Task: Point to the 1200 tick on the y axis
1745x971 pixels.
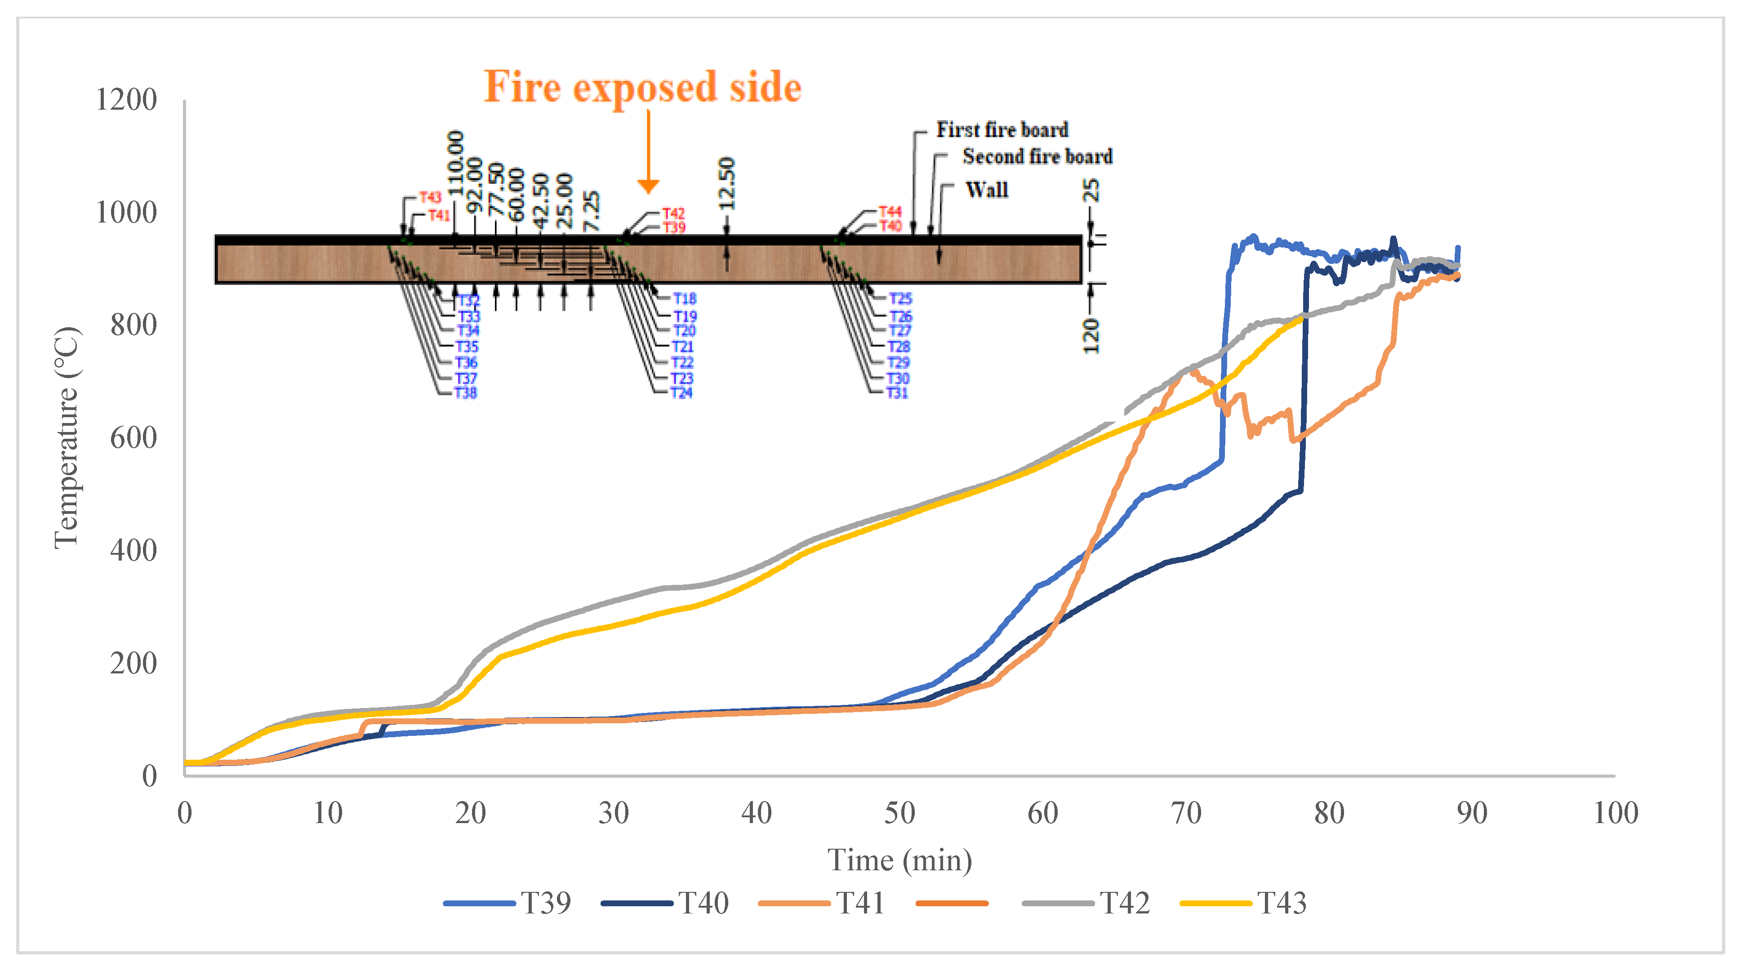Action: [127, 100]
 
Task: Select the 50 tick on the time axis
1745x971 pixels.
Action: [899, 812]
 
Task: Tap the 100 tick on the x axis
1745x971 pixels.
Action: [1616, 812]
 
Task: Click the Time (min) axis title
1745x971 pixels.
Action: [899, 860]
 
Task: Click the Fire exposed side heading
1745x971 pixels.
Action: [642, 87]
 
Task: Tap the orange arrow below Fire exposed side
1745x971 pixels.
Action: [648, 152]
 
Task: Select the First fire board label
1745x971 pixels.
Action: [1002, 129]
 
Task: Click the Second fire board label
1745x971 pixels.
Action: [1037, 156]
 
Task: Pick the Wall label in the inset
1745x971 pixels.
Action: [986, 190]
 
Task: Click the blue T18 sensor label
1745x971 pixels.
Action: [685, 299]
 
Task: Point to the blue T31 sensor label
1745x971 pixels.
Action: [897, 392]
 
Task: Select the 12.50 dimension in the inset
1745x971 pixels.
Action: [726, 183]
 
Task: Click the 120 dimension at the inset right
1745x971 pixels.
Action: [1091, 335]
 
